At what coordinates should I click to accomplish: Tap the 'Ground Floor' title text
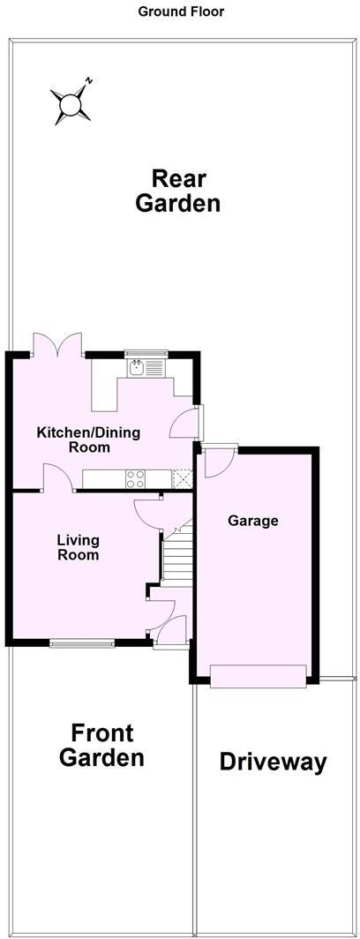pos(181,11)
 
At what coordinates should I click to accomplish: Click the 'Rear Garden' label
pos(177,191)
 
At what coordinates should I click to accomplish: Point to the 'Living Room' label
pos(78,547)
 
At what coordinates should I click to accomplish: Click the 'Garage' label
pos(253,521)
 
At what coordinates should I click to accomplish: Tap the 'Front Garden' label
pos(101,745)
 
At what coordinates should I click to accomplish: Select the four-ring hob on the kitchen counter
pos(137,479)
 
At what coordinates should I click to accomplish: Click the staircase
pos(176,556)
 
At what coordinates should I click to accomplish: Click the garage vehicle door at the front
pos(259,676)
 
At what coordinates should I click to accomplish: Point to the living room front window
pos(81,643)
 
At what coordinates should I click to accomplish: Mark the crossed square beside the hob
pos(183,479)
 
